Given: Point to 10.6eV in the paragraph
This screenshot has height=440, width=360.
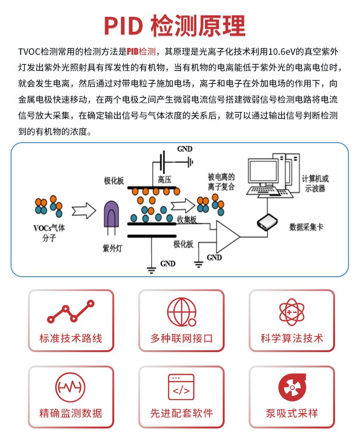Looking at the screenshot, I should pos(288,51).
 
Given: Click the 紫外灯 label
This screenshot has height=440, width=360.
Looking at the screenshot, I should pos(111,248).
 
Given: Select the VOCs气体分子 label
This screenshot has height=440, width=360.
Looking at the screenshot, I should pos(49,232).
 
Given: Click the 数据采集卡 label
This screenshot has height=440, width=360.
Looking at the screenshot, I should pos(306,226).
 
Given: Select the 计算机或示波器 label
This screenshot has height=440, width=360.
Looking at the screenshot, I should pos(315,183).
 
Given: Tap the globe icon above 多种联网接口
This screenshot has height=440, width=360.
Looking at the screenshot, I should pos(181,312).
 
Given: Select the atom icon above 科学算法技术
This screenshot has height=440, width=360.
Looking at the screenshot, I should pos(291,312).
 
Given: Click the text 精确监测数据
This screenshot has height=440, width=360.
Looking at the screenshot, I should pos(71,413).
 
